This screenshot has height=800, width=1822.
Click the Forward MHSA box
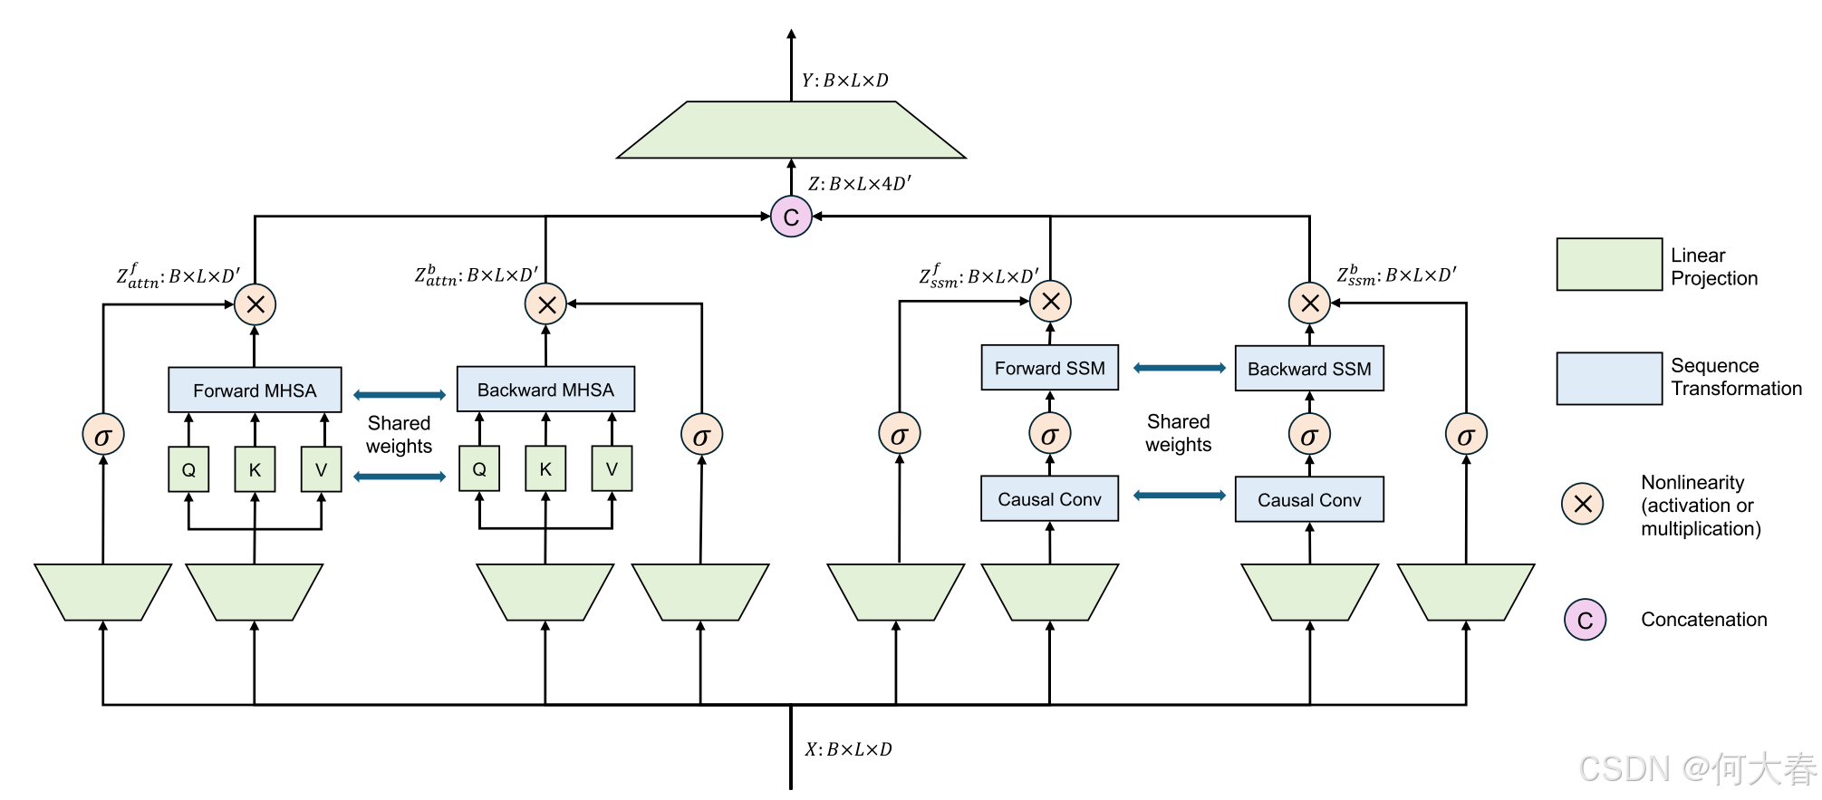pos(255,390)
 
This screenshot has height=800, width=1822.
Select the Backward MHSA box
pos(545,390)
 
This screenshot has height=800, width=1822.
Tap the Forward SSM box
pos(1049,368)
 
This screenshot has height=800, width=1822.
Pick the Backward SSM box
pos(1309,369)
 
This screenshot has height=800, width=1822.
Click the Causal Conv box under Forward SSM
pos(1049,498)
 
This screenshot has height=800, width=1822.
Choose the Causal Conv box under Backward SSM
pos(1309,499)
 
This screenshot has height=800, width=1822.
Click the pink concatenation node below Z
pos(791,217)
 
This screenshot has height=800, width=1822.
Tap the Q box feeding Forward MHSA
pos(188,469)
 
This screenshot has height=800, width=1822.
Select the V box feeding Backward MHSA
pos(612,468)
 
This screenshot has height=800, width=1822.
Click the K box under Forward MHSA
pos(255,469)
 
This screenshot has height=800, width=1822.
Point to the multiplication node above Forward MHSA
pos(255,304)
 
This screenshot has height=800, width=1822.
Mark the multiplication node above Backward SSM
pos(1309,303)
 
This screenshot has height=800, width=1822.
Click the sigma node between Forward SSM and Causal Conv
pos(1049,435)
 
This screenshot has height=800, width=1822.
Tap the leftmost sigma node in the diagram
pos(102,436)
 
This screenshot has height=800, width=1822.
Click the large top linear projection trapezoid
pos(791,130)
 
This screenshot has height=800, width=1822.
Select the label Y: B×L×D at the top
pos(844,81)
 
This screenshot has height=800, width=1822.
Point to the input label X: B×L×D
pos(848,749)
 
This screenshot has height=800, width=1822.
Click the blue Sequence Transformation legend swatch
pos(1609,378)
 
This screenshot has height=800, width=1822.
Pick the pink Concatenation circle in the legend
pos(1585,620)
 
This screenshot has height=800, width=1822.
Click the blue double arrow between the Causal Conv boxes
pos(1179,496)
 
